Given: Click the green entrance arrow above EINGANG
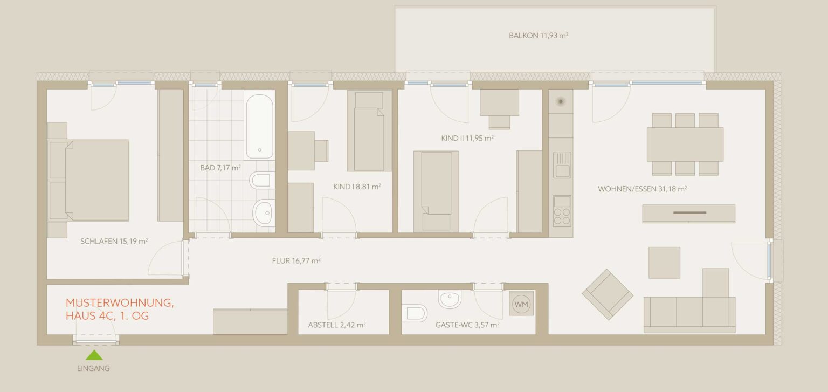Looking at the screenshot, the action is (x=94, y=355).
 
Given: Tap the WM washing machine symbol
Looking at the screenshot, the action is (x=521, y=304).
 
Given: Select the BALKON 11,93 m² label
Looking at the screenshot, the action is (x=538, y=36).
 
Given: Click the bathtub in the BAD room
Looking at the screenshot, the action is (x=259, y=127).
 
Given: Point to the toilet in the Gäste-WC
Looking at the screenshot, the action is (x=415, y=313).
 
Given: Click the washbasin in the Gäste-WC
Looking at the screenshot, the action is (x=450, y=298).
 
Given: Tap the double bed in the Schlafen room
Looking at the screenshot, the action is (x=89, y=181).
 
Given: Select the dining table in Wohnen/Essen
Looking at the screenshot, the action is (x=685, y=144).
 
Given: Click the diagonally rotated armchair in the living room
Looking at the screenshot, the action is (x=608, y=294).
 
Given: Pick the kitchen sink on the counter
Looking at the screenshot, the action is (x=562, y=165).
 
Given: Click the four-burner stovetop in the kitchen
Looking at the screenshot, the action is (x=562, y=211).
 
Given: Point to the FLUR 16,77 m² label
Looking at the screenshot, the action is (x=296, y=261).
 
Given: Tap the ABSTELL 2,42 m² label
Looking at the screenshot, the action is (x=337, y=325).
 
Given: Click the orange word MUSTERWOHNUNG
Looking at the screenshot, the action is (x=120, y=302).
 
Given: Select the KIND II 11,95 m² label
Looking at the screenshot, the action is (x=467, y=139).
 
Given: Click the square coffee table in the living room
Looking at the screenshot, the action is (x=664, y=263).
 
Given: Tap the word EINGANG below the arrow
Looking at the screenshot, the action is (x=93, y=368).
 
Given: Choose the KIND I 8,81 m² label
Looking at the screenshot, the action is (x=357, y=187).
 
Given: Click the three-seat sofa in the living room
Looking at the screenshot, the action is (x=689, y=314).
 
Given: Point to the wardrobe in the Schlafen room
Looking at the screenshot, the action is (x=170, y=155).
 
